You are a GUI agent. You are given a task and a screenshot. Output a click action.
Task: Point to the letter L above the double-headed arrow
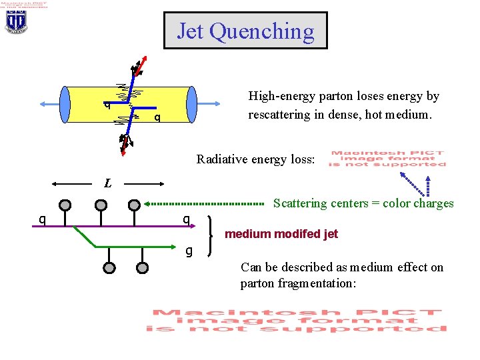107,183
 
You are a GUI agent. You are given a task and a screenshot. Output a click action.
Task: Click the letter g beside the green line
189,251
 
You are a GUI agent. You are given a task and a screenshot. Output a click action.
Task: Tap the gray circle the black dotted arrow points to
134,204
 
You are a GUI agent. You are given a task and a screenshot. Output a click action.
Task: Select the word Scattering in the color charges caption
301,204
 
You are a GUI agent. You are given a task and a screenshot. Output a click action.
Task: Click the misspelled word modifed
293,234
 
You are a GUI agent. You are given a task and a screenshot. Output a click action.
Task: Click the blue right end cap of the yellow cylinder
192,105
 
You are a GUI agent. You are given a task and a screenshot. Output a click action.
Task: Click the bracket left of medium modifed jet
211,235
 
